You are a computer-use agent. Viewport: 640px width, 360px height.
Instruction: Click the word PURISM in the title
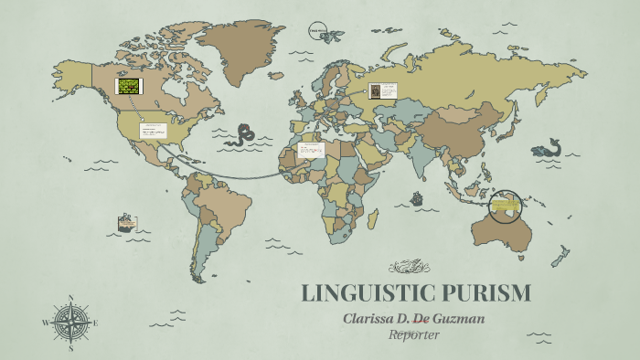coord(485,293)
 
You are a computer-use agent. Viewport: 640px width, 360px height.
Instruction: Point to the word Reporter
coord(415,334)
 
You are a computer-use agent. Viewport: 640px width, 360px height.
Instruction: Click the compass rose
coord(69,323)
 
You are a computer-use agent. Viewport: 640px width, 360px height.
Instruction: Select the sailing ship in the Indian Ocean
coord(417,197)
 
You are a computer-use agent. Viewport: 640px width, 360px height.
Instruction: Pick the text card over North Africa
coord(311,150)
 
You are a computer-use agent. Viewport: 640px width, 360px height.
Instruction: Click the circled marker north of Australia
coord(504,207)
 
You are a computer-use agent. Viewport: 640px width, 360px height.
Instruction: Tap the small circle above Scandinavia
coord(317,30)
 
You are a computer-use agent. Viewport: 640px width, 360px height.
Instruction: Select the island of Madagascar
coord(373,219)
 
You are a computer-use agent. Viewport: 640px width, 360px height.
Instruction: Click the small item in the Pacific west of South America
coord(126,223)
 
